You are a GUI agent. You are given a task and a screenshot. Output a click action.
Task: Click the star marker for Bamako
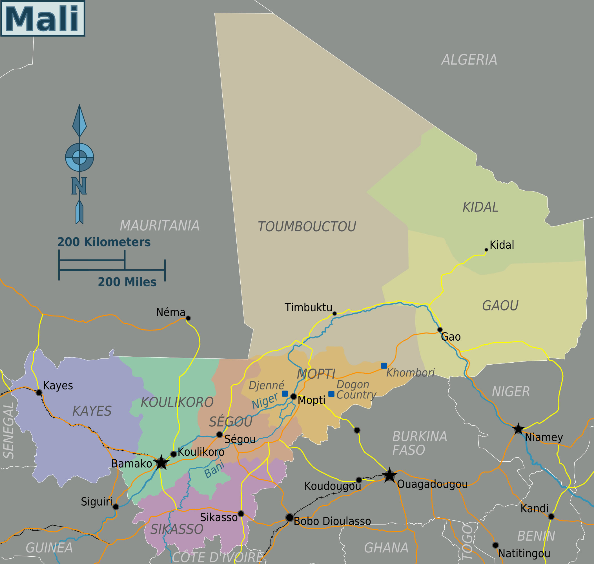pos(161,462)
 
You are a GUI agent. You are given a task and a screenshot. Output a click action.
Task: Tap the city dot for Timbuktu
pos(334,314)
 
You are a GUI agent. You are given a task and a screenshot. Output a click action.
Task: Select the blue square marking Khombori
pos(384,366)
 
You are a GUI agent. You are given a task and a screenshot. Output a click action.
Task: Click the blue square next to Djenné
pos(285,394)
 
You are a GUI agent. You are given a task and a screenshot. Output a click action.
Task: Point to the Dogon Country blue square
pos(331,394)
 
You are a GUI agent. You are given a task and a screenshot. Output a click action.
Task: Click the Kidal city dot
pos(486,250)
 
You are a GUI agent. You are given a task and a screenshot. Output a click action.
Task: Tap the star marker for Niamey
pos(518,429)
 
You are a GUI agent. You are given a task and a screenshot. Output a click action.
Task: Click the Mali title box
pos(43,18)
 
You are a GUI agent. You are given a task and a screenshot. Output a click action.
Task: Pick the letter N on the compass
pos(79,186)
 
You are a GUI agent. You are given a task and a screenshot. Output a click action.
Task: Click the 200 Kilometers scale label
pos(104,242)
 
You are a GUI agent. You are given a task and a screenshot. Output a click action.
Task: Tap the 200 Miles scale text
pos(127,282)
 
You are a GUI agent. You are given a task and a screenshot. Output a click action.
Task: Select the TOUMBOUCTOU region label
pos(307,227)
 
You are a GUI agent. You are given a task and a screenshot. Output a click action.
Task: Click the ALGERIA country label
pos(469,60)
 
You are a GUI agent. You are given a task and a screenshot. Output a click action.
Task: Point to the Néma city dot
pos(188,318)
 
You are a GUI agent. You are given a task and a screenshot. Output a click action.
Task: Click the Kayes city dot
pos(39,392)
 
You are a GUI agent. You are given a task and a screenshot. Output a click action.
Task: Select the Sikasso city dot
pos(241,514)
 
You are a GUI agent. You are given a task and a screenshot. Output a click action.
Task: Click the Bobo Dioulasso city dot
pos(289,517)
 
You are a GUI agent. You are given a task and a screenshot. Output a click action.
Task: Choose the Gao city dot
pos(440,329)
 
